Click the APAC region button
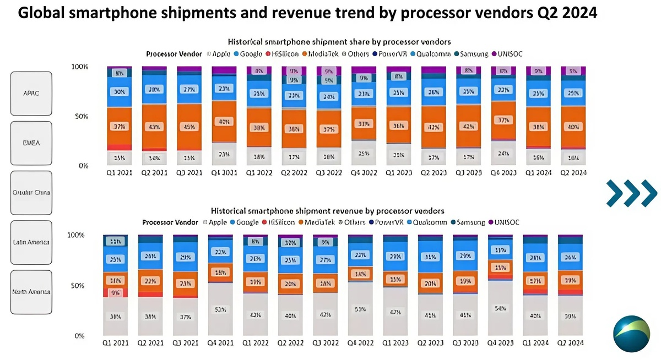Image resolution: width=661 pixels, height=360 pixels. click(x=31, y=93)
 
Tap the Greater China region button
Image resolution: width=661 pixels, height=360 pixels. click(x=31, y=192)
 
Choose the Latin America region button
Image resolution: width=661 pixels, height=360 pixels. click(x=31, y=242)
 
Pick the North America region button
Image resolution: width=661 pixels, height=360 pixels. click(x=31, y=291)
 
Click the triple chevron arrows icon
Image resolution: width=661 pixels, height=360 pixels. click(x=631, y=193)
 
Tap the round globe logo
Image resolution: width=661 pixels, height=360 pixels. click(x=631, y=334)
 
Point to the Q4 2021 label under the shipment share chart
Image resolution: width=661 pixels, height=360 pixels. click(x=225, y=173)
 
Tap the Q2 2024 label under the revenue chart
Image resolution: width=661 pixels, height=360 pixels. click(x=571, y=342)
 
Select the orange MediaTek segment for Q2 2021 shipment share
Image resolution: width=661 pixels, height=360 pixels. click(x=154, y=127)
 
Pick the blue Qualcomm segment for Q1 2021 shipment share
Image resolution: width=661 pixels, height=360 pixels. click(x=119, y=92)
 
